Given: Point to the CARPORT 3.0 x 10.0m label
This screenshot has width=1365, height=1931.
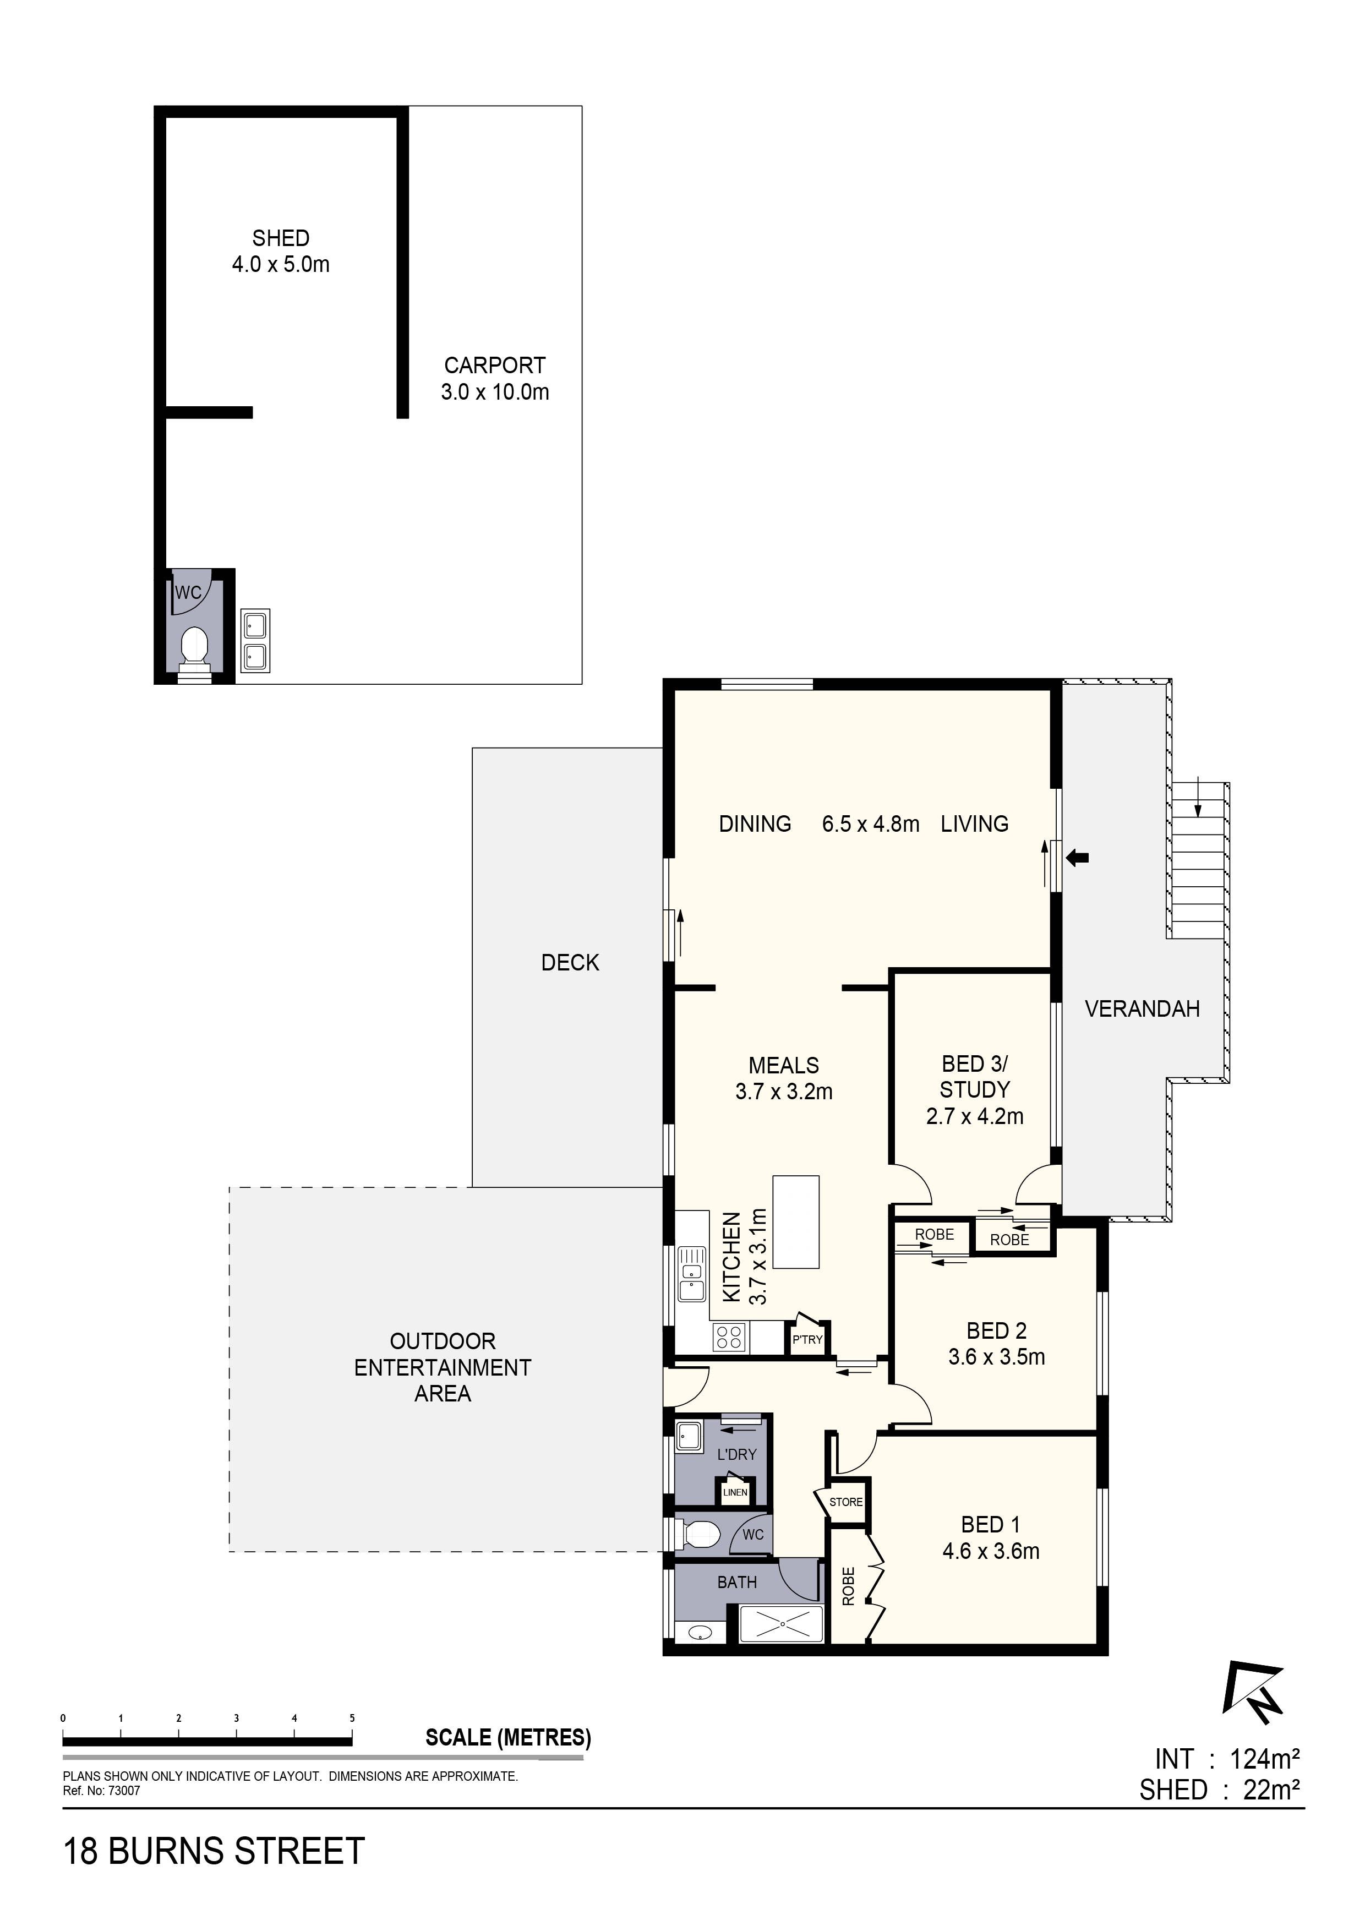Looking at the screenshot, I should [494, 379].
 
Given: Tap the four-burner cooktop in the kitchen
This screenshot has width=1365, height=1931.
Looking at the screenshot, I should [729, 1337].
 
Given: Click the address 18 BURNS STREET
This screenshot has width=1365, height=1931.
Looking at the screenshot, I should [215, 1851].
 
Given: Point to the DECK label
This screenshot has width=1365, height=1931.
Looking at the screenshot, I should [570, 963].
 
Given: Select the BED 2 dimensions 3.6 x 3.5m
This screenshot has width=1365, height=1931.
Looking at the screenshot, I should [997, 1356].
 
